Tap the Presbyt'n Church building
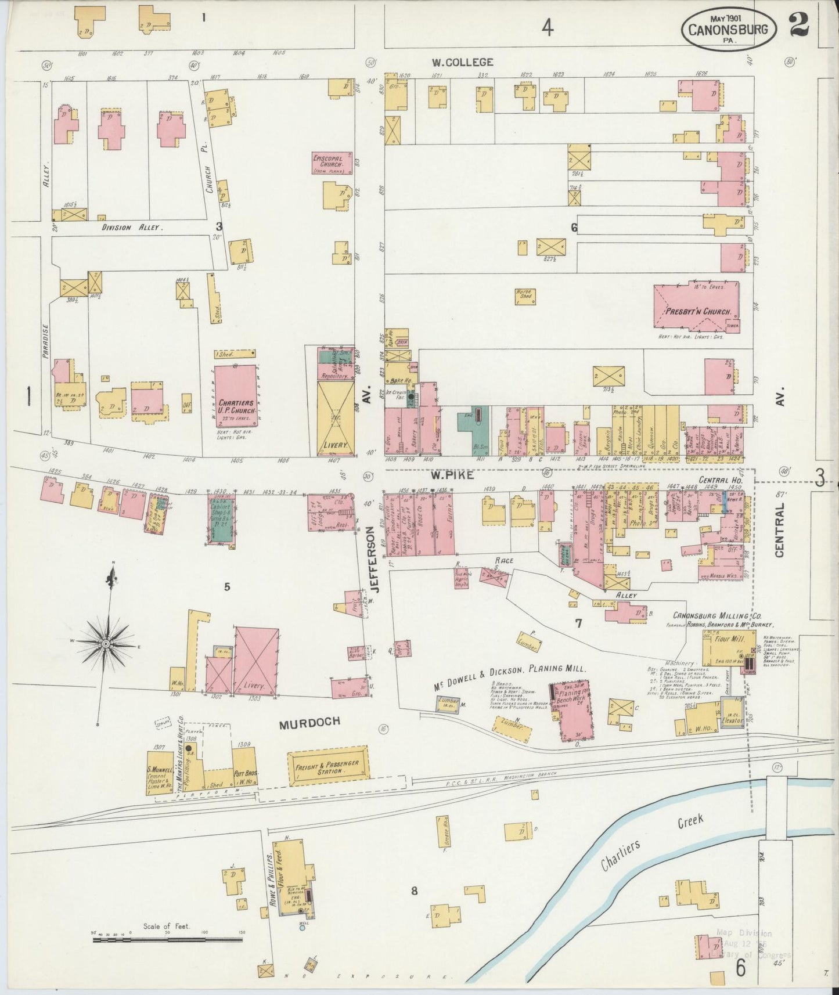[696, 307]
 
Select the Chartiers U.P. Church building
[236, 394]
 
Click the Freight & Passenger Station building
[329, 767]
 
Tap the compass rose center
[106, 644]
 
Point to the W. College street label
[462, 62]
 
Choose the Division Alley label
[132, 228]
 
